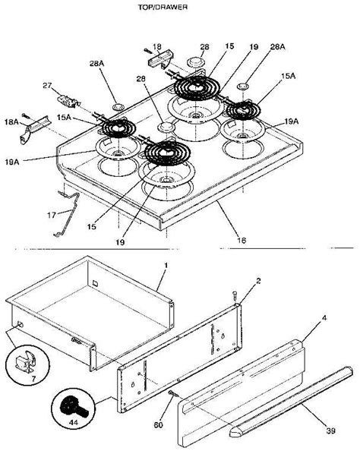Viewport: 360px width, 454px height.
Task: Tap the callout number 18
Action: tap(156, 46)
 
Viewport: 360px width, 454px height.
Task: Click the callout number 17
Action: tap(52, 215)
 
